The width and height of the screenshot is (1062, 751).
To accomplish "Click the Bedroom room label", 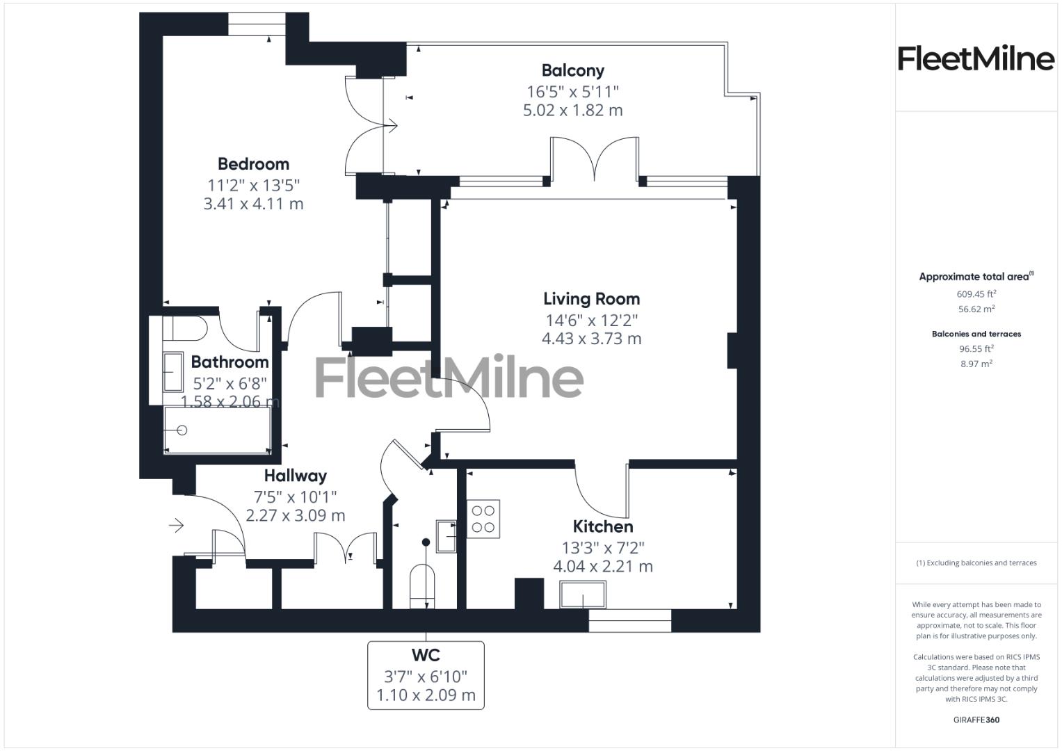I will [253, 164].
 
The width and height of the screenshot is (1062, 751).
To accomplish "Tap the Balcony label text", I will [572, 70].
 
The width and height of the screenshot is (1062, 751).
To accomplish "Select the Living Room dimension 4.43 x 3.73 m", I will [591, 339].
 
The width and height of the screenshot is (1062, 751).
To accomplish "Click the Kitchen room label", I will [602, 526].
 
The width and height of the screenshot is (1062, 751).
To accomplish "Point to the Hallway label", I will [295, 476].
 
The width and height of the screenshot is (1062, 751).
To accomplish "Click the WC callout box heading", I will [425, 655].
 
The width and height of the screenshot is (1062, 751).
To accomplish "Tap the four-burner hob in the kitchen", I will [483, 519].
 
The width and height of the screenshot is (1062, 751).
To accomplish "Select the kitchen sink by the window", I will [583, 595].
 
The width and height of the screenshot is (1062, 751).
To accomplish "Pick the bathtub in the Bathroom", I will [217, 430].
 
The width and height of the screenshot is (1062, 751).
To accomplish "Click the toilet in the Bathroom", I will [185, 328].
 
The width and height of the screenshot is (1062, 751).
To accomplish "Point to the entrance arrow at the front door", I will [177, 525].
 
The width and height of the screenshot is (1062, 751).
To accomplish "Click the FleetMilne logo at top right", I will [975, 58].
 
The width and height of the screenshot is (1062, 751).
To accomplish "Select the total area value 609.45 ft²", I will [976, 294].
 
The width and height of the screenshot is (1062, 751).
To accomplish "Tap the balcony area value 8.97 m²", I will [976, 364].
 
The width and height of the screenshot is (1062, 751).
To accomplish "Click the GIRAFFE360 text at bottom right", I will [976, 720].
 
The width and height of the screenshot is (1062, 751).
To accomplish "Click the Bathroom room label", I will [230, 362].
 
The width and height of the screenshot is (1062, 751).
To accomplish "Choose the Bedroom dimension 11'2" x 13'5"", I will [253, 185].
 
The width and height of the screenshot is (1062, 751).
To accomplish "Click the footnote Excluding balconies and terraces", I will [976, 563].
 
